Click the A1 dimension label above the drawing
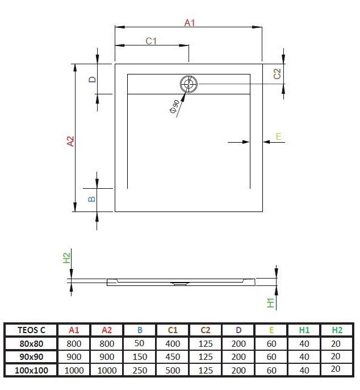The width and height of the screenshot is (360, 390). [x=190, y=23]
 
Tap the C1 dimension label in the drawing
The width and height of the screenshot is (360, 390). [x=151, y=41]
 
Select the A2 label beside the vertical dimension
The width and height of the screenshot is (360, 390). [x=70, y=142]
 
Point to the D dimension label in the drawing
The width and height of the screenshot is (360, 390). [x=91, y=80]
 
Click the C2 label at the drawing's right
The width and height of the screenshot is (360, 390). [x=277, y=73]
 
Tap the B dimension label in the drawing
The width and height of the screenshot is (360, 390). [x=91, y=199]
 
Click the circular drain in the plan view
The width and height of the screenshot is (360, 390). [x=189, y=85]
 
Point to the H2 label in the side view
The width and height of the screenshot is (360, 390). [x=66, y=258]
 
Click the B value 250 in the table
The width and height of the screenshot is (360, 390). [x=139, y=370]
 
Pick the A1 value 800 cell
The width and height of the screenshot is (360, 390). [x=74, y=343]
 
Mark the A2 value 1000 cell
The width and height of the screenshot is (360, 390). [x=106, y=370]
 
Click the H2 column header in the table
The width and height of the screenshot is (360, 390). [x=338, y=330]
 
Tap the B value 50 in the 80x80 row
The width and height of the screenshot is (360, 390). [x=139, y=343]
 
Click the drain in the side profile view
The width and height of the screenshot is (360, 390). [x=179, y=283]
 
